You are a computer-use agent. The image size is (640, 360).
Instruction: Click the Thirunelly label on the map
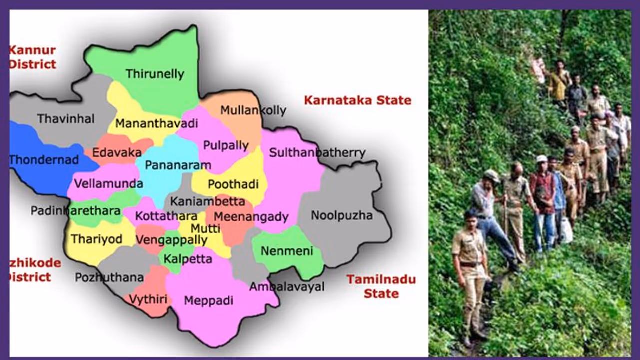coord(155,74)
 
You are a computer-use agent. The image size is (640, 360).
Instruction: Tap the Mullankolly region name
coord(253,110)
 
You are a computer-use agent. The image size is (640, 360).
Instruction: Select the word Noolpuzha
coord(342,216)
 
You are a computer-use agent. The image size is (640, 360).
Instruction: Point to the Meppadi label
coord(209,301)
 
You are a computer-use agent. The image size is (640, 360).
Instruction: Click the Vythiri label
coord(148,300)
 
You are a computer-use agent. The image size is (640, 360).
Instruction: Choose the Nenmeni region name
coord(286,251)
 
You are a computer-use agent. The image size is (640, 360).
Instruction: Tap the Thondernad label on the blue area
coord(44,160)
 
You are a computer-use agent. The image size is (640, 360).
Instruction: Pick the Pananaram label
coord(178,165)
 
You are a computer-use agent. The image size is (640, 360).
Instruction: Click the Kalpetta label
coord(188,259)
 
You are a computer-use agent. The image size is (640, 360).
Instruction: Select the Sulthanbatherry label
coord(317,153)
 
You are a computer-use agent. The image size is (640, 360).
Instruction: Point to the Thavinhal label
coord(66,119)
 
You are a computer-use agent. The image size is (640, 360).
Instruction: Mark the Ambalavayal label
coord(287,287)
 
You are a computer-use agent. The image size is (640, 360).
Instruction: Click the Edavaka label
coord(117,153)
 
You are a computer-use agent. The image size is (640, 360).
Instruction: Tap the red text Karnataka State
coord(357,100)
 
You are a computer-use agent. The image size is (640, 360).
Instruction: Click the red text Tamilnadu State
coord(381,286)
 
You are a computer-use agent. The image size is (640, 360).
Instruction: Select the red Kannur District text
coord(32,57)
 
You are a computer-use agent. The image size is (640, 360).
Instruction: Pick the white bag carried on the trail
coord(566,231)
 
